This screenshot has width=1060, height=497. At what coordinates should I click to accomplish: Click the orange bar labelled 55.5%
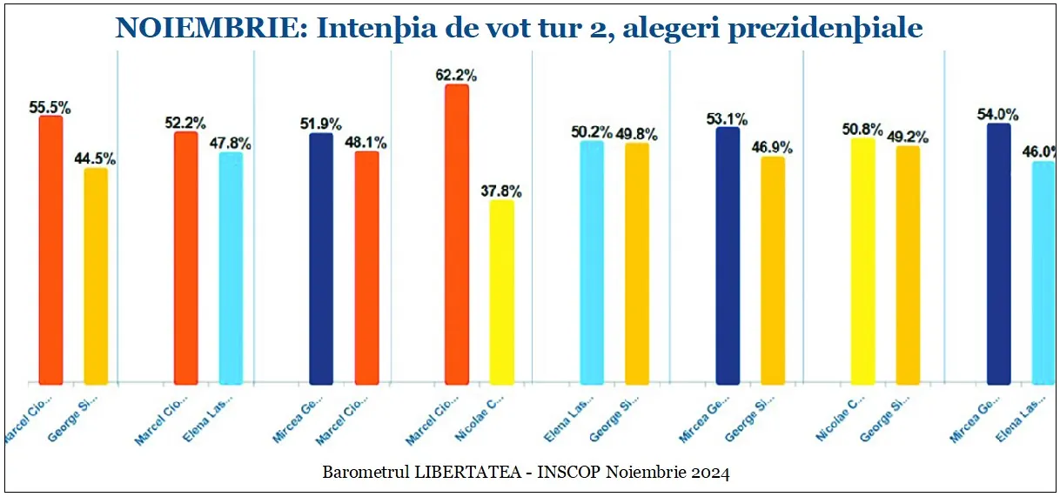pos(50,250)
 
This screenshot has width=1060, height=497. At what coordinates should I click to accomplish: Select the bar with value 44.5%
pos(96,276)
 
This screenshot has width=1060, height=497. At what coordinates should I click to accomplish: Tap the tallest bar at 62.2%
pos(456,234)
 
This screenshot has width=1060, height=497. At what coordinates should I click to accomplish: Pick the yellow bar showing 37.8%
pos(501,292)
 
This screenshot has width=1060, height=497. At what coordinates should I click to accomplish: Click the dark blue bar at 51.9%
pos(321,259)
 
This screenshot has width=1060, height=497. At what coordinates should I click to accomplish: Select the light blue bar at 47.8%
pos(231,268)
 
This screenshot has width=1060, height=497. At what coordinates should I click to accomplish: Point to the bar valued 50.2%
pos(592,262)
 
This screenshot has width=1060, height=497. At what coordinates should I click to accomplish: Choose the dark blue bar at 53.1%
pos(728,256)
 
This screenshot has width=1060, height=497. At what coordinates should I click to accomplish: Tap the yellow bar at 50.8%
pos(862,260)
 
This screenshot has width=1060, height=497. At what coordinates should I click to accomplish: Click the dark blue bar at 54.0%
pos(998,253)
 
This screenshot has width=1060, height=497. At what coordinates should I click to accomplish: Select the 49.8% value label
pos(637,134)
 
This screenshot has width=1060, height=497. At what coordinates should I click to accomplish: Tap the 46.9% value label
pos(773,148)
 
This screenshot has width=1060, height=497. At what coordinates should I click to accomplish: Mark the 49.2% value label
pos(909,137)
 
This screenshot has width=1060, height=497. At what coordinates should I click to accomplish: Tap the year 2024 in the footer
pos(711,473)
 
